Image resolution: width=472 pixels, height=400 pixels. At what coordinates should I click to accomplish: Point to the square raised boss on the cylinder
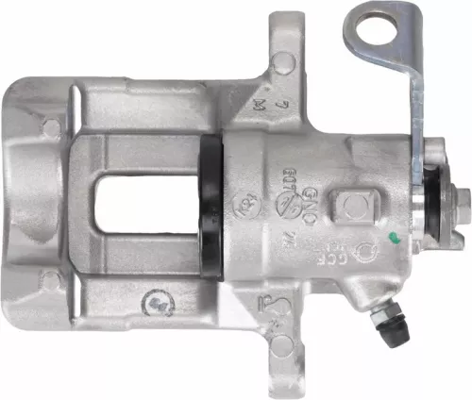tap(358, 208)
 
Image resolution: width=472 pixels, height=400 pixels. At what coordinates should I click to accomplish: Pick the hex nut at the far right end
tap(462, 201)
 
